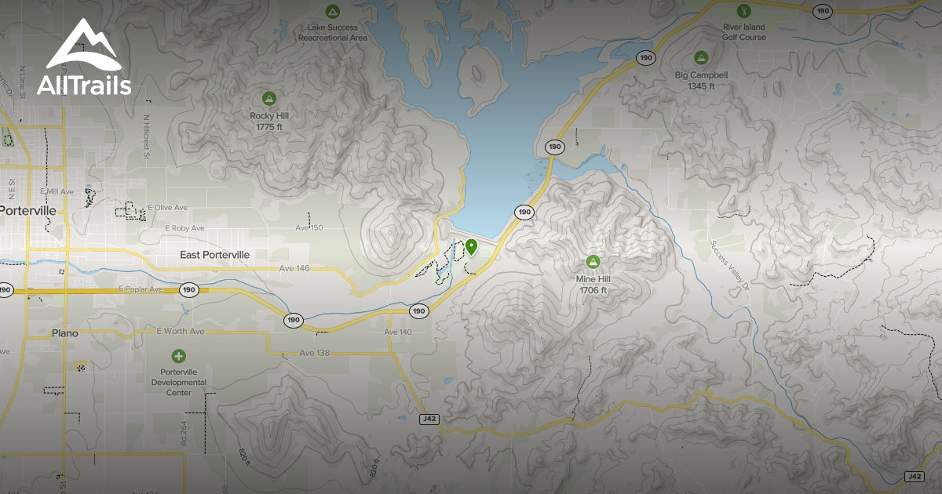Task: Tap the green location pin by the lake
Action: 471,247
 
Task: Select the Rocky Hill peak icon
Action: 269,98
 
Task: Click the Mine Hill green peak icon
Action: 593,261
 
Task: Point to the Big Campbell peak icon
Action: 701,57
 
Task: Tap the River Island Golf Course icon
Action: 744,10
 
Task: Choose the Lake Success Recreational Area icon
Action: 332,11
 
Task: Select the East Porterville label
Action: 214,255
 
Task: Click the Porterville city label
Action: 28,211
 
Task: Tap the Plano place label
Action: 64,333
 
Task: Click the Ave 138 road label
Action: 315,353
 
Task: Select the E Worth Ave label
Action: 181,332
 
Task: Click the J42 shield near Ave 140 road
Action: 429,419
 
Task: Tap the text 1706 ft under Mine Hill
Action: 593,290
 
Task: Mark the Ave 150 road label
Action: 309,227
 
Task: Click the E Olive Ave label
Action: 169,208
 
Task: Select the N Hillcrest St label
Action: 146,136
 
